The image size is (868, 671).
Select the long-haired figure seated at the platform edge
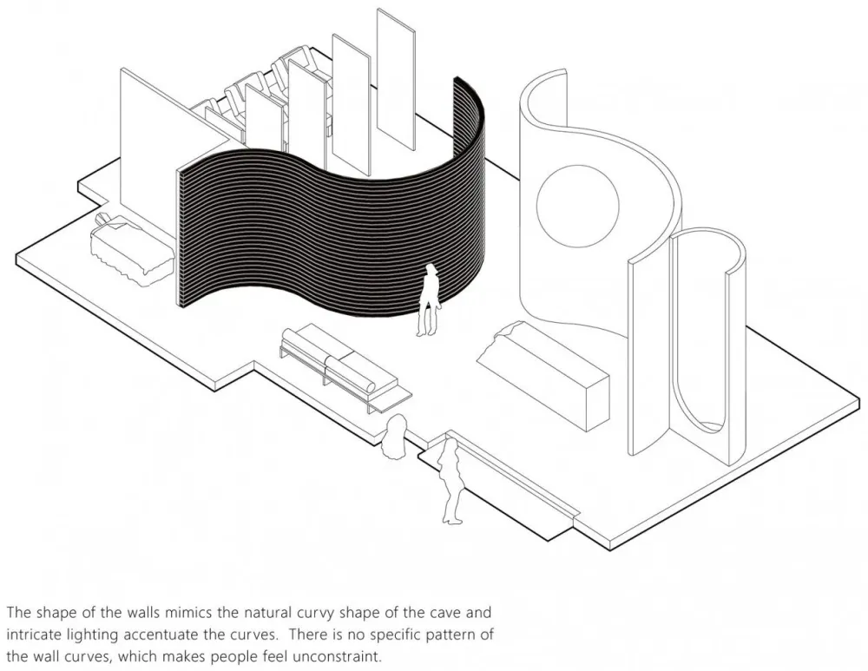click(395, 437)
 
